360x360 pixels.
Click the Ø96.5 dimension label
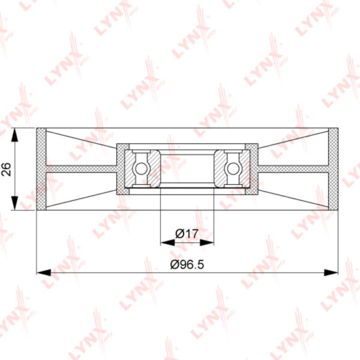(187, 265)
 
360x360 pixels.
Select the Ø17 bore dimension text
(187, 234)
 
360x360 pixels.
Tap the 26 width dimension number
(6, 169)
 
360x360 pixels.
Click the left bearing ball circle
(140, 169)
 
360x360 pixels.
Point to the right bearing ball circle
(233, 169)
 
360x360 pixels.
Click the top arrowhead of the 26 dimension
(14, 135)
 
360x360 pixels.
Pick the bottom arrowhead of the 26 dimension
(14, 203)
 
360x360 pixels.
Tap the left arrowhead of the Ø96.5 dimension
(44, 272)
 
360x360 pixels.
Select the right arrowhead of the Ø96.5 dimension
(331, 272)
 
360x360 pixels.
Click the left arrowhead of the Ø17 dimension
(167, 242)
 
